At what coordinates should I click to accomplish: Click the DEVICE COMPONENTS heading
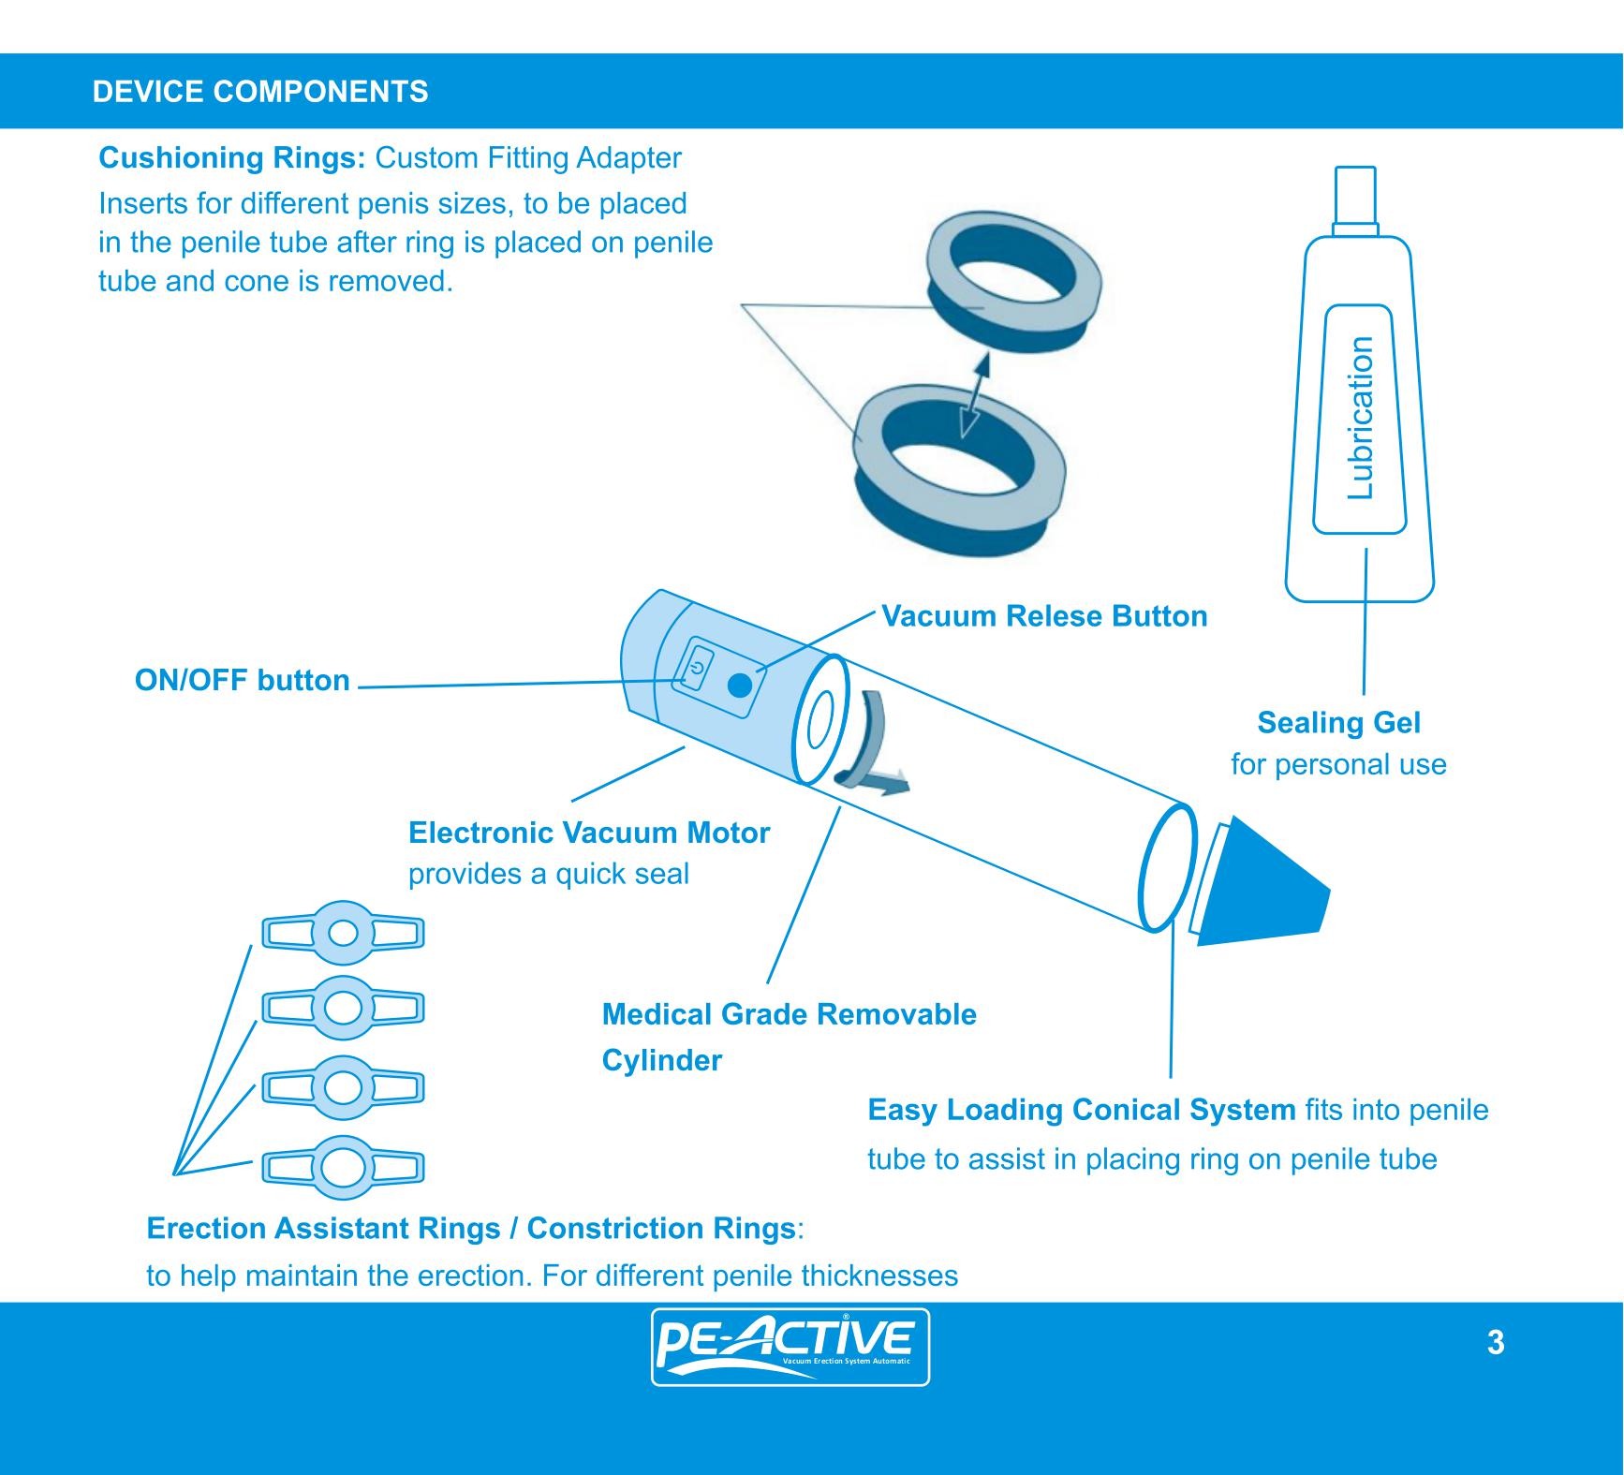(260, 92)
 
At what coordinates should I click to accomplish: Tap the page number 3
(1496, 1342)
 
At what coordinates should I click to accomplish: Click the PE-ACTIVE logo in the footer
(790, 1347)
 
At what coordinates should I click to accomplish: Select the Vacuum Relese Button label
(1044, 616)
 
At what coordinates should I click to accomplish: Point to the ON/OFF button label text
(242, 680)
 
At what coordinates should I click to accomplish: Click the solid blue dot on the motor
(739, 686)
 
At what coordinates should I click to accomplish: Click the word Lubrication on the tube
(1360, 418)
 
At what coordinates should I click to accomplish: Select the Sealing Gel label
(1338, 723)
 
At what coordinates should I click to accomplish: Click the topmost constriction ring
(343, 933)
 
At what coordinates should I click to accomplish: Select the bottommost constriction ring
(343, 1167)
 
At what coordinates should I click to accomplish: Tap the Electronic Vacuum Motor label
(589, 833)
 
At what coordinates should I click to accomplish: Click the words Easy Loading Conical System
(1081, 1110)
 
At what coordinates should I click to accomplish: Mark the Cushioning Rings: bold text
(231, 157)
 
